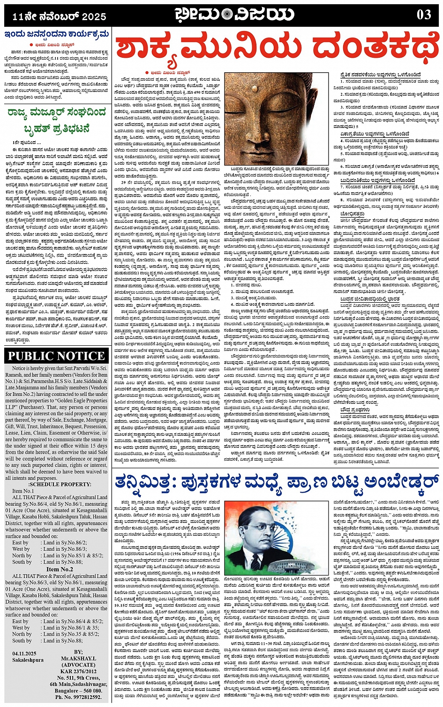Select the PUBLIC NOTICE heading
pos(56,356)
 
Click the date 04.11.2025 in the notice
pos(24,653)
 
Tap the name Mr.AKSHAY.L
pos(78,659)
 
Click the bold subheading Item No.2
pos(60,569)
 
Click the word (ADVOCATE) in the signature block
pos(78,665)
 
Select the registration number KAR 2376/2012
pos(78,672)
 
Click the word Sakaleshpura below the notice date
pos(28,660)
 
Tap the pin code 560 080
pos(91,691)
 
